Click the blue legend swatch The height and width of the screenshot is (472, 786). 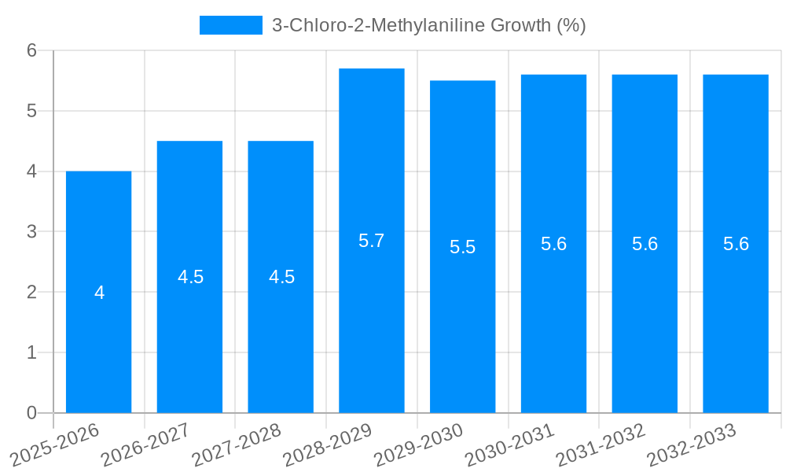coord(230,25)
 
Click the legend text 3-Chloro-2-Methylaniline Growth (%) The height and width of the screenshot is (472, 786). coord(428,25)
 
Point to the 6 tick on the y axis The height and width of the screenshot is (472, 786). coord(32,50)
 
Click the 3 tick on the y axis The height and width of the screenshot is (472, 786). coord(32,232)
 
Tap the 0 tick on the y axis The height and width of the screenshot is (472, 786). coord(32,413)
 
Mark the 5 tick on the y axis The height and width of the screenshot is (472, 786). coord(32,111)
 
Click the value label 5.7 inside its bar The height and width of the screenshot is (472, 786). coord(371,241)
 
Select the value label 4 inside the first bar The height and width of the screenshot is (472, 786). coord(99,293)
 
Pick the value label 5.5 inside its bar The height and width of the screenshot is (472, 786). coord(462,247)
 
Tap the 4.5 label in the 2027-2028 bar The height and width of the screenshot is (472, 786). coord(281,277)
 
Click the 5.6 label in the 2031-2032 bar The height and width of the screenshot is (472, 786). coord(645,244)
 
